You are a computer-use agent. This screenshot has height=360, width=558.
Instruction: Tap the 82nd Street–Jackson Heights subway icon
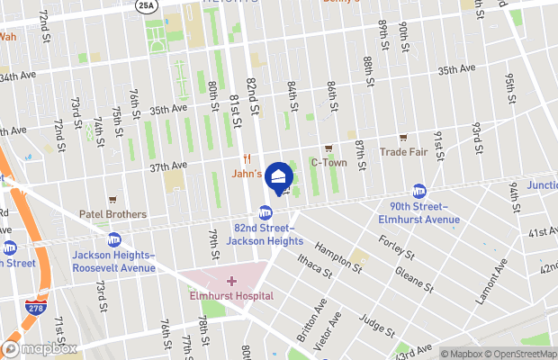(x=265, y=212)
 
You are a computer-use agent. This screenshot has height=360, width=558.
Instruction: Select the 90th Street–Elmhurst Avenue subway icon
(x=419, y=191)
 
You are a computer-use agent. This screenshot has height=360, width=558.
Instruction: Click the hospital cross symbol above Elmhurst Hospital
(x=233, y=282)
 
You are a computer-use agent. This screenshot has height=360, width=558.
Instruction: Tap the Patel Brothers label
(x=112, y=214)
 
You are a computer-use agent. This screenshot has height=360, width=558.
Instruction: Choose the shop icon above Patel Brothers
(x=112, y=200)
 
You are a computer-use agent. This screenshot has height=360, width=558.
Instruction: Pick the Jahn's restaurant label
(x=247, y=174)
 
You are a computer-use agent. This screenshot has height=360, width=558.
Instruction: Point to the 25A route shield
(x=146, y=5)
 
